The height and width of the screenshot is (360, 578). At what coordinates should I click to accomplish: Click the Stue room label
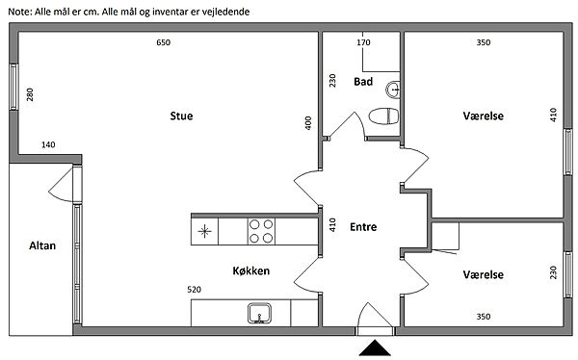pyautogui.click(x=181, y=116)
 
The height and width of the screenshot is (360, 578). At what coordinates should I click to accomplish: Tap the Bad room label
pyautogui.click(x=363, y=82)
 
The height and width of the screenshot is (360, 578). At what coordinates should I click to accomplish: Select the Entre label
pyautogui.click(x=363, y=227)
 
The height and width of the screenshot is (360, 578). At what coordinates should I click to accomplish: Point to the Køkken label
pyautogui.click(x=251, y=270)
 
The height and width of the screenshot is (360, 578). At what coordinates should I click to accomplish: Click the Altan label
pyautogui.click(x=42, y=245)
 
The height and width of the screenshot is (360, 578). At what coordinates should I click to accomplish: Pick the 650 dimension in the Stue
pyautogui.click(x=164, y=42)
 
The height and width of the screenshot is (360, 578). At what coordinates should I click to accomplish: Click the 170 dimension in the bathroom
pyautogui.click(x=363, y=42)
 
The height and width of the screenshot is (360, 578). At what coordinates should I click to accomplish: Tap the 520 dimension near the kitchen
pyautogui.click(x=195, y=290)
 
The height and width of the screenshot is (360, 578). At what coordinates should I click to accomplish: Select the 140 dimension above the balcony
pyautogui.click(x=48, y=144)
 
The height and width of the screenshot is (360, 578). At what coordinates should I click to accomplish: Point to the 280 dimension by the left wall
pyautogui.click(x=30, y=94)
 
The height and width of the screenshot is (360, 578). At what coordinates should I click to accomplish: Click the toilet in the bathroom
pyautogui.click(x=383, y=116)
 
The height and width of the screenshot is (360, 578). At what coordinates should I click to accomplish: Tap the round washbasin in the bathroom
pyautogui.click(x=393, y=90)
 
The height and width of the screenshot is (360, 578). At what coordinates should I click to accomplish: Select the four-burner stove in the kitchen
pyautogui.click(x=261, y=231)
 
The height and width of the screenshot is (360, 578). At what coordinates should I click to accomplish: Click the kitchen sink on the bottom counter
pyautogui.click(x=259, y=313)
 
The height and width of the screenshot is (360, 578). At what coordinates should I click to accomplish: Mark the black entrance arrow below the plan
pyautogui.click(x=375, y=348)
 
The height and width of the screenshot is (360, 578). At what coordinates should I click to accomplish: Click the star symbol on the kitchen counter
pyautogui.click(x=204, y=231)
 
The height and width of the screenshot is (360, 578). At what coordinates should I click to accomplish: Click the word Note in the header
pyautogui.click(x=19, y=12)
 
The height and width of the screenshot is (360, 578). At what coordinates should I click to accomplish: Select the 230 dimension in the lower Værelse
pyautogui.click(x=553, y=272)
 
